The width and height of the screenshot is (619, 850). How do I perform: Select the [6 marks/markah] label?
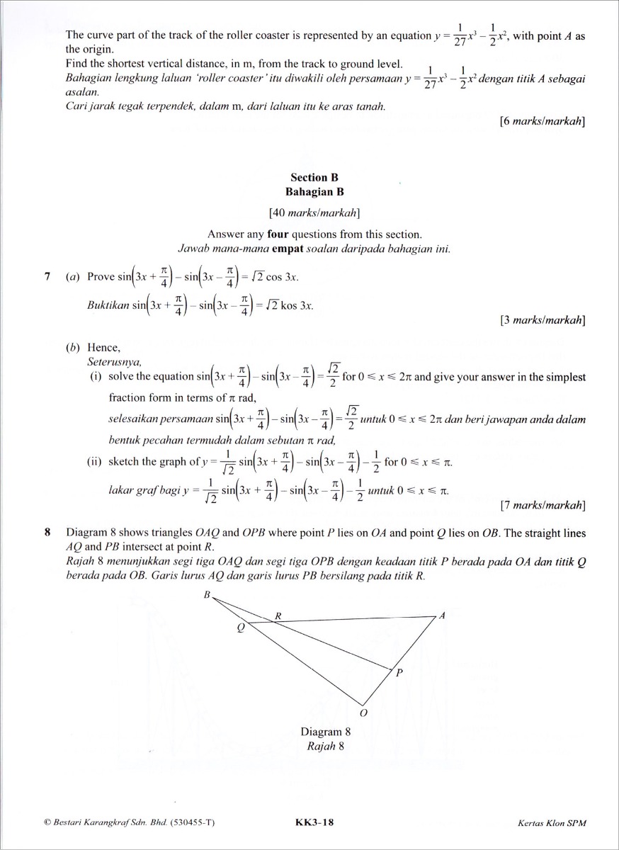542,121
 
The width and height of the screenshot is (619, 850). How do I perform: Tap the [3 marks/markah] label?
542,320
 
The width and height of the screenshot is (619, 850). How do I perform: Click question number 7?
47,276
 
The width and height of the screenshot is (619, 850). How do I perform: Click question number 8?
47,531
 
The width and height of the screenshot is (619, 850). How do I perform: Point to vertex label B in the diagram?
207,594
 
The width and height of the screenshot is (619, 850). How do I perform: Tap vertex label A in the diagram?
442,616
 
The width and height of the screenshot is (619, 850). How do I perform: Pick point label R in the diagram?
278,616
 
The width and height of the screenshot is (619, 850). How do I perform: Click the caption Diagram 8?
326,732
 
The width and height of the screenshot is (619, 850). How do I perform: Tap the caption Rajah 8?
325,746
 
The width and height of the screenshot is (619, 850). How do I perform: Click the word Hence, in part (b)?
104,347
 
